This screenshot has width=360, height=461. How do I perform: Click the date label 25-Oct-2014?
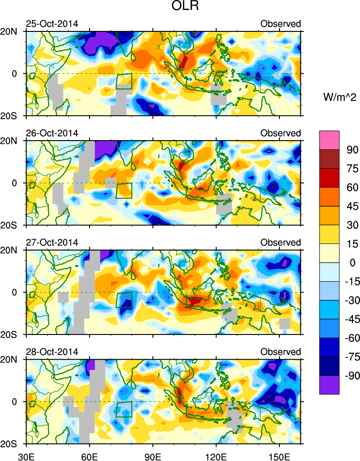pyautogui.click(x=51, y=24)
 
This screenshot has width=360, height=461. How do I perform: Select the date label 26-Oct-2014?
pyautogui.click(x=51, y=133)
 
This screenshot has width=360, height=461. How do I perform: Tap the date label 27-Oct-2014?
pyautogui.click(x=51, y=242)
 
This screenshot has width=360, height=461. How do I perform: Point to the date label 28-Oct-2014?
pyautogui.click(x=51, y=352)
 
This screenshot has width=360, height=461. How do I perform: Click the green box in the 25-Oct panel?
pyautogui.click(x=124, y=81)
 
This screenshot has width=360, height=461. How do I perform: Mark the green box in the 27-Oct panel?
pyautogui.click(x=124, y=300)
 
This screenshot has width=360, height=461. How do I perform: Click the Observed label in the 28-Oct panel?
pyautogui.click(x=280, y=352)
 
